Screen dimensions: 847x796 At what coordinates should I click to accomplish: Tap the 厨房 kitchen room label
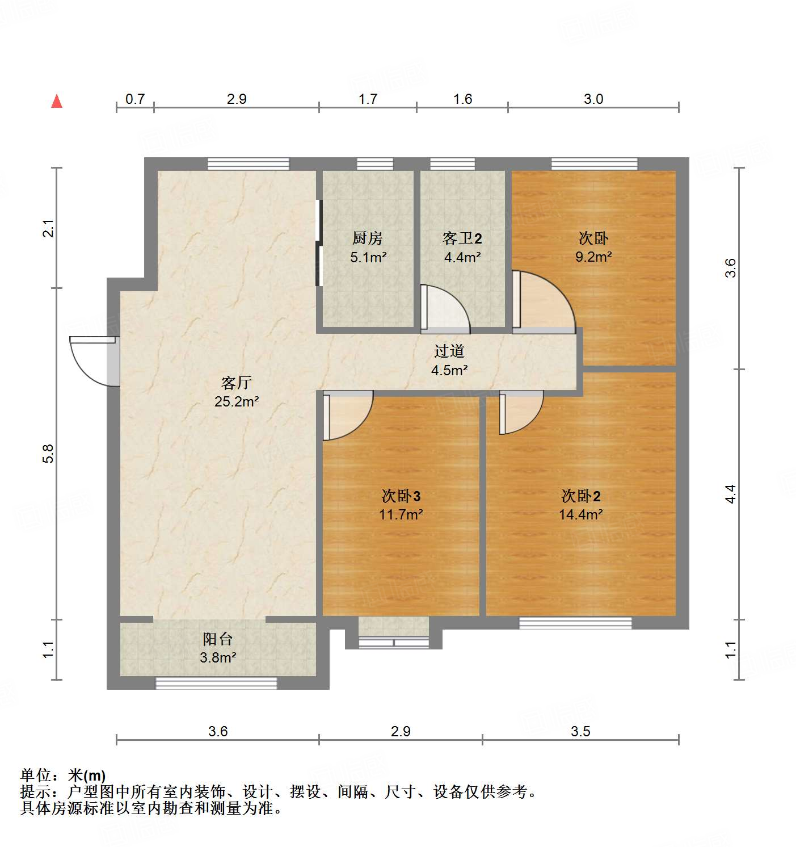(x=368, y=238)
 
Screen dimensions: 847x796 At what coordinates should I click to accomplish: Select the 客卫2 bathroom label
(x=462, y=238)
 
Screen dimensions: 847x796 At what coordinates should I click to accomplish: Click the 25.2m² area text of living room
(x=237, y=402)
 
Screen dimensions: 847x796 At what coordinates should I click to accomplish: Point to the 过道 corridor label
(x=449, y=351)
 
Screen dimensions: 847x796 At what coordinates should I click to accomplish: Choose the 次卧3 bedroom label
(x=401, y=496)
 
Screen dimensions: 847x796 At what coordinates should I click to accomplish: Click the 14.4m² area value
(x=580, y=515)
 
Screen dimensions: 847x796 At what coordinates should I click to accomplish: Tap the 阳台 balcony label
(x=218, y=639)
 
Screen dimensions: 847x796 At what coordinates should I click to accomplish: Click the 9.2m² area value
(x=593, y=257)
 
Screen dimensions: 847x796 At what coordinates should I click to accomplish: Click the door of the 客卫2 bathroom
(x=445, y=309)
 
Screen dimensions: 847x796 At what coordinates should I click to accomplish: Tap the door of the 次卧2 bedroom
(x=520, y=412)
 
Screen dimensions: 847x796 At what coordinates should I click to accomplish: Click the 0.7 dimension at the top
(x=135, y=99)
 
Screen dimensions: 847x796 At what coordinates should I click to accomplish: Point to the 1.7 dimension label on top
(x=368, y=99)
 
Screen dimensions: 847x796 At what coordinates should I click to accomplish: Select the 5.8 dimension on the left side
(x=49, y=454)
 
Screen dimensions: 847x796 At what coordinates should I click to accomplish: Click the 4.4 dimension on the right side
(x=731, y=494)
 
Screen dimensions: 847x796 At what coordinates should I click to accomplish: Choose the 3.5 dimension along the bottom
(x=580, y=731)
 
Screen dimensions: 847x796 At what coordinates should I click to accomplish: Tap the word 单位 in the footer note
(x=35, y=775)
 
